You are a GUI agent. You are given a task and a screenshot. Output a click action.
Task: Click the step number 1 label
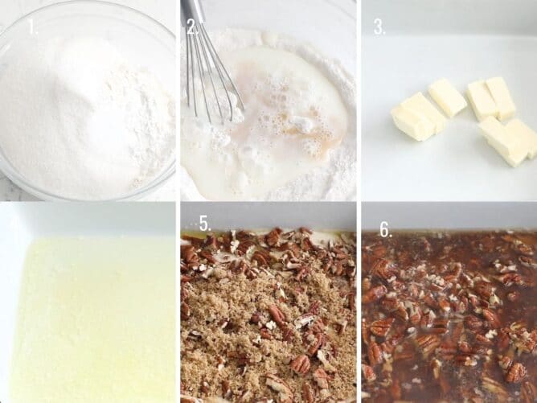pos(33,27)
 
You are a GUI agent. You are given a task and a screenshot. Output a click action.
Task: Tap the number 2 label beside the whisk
pos(192,27)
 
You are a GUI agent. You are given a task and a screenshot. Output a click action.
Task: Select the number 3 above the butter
pos(379,27)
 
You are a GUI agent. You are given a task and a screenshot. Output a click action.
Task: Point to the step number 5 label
pos(205,224)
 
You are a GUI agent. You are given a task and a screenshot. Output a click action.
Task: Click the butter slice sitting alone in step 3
pos(447,97)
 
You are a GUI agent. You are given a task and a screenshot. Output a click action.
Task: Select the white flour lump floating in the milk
pos(302,124)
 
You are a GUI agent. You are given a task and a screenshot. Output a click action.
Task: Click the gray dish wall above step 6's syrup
pos(449,216)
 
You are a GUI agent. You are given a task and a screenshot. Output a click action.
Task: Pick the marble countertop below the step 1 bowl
pos(10,192)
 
